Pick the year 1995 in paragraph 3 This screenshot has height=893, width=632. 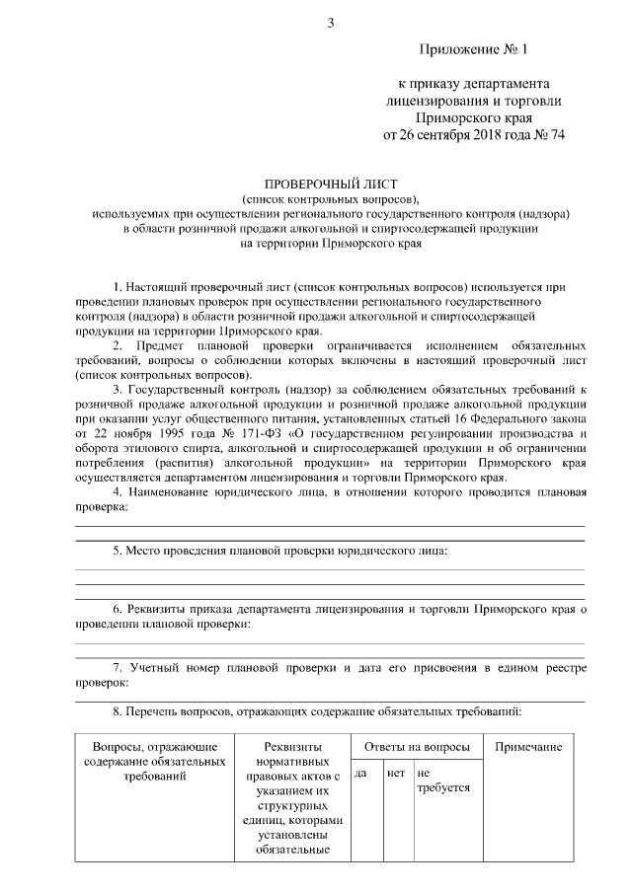184,433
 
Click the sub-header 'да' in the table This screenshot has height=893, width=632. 360,773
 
